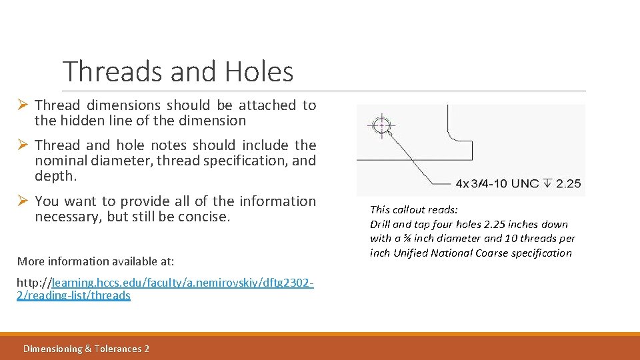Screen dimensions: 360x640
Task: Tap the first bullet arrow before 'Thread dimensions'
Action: point(21,105)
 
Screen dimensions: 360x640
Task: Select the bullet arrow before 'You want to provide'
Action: point(21,201)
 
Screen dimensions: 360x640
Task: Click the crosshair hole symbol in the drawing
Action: point(381,125)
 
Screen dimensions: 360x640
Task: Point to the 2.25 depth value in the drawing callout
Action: point(568,183)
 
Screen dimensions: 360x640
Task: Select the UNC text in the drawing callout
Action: point(525,183)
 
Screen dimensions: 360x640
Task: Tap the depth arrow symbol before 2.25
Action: point(548,183)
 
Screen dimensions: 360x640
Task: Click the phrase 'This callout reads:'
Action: point(414,209)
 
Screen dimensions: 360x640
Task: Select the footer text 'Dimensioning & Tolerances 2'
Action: point(86,349)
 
